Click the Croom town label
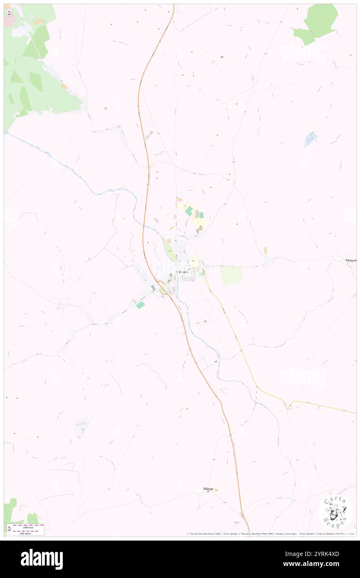(182, 272)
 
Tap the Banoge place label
(208, 489)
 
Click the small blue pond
(311, 137)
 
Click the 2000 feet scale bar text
(28, 527)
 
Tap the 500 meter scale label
(28, 532)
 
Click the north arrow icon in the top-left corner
(9, 12)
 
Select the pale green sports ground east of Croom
(232, 275)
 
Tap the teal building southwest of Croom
(141, 305)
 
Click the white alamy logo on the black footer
(42, 559)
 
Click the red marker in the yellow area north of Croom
(201, 227)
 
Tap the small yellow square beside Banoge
(216, 489)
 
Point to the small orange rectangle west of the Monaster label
(265, 250)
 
